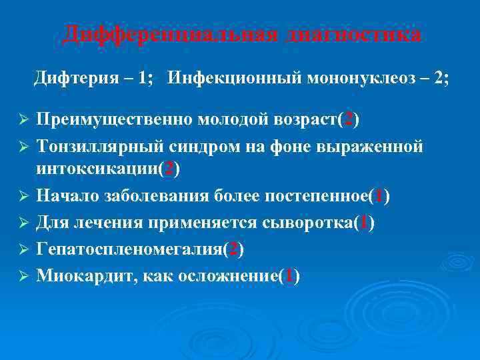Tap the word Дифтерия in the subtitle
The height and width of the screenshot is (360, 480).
[71, 79]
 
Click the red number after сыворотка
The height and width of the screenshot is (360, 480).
[365, 222]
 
